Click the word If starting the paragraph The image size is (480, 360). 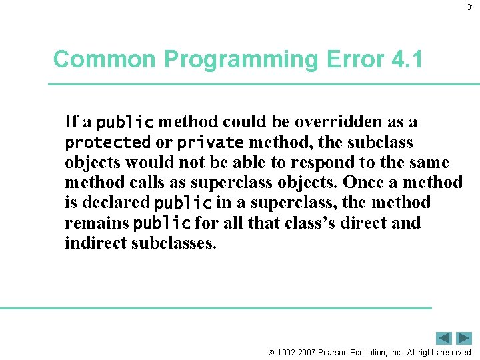pos(71,122)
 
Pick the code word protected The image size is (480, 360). pos(107,143)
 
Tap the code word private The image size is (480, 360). pos(210,143)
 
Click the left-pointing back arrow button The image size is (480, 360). pos(444,338)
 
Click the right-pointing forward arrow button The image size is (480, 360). pos(464,338)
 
